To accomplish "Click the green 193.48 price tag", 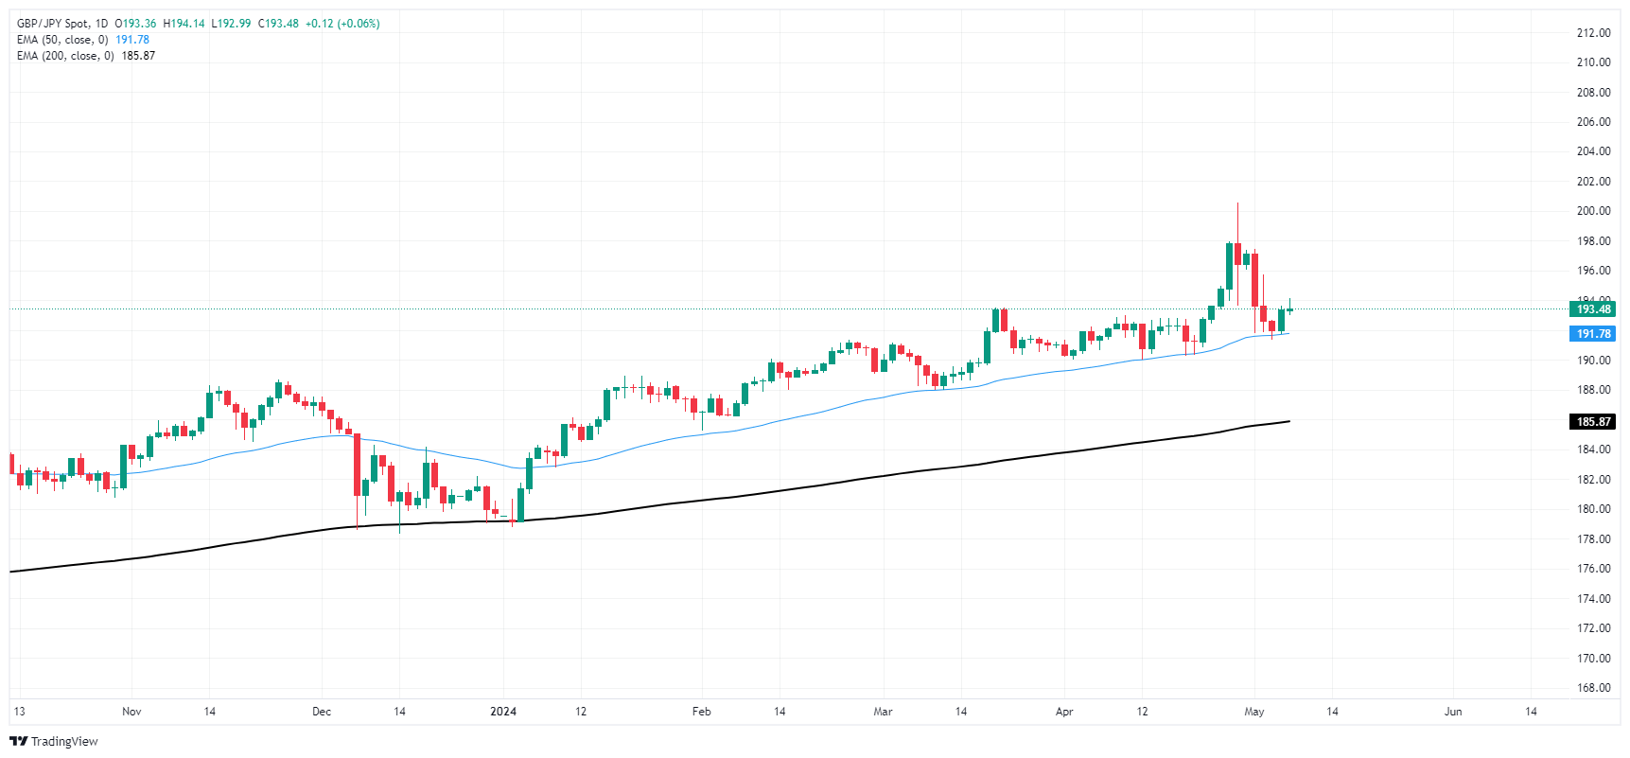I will pyautogui.click(x=1593, y=309).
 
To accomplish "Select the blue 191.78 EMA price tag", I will pyautogui.click(x=1593, y=334).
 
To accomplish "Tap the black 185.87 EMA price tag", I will pyautogui.click(x=1593, y=422).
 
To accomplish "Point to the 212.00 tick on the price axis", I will pyautogui.click(x=1593, y=33).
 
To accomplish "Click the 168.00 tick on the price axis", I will pyautogui.click(x=1593, y=688).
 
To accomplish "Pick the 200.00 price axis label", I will pyautogui.click(x=1593, y=211).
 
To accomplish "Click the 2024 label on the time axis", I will pyautogui.click(x=503, y=712).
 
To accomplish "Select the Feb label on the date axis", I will pyautogui.click(x=701, y=712).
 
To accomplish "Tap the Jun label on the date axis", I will pyautogui.click(x=1453, y=712).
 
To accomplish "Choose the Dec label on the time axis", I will pyautogui.click(x=322, y=712).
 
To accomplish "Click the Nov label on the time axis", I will pyautogui.click(x=131, y=712).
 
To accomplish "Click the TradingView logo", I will pyautogui.click(x=54, y=741).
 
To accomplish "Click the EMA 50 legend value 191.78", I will pyautogui.click(x=132, y=40).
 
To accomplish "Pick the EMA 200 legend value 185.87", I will pyautogui.click(x=138, y=56).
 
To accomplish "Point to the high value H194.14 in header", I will pyautogui.click(x=184, y=24).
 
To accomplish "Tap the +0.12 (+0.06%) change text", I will pyautogui.click(x=342, y=24).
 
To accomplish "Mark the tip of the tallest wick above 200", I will pyautogui.click(x=1236, y=203).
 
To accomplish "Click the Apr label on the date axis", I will pyautogui.click(x=1064, y=712).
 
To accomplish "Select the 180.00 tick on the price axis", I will pyautogui.click(x=1593, y=509).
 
